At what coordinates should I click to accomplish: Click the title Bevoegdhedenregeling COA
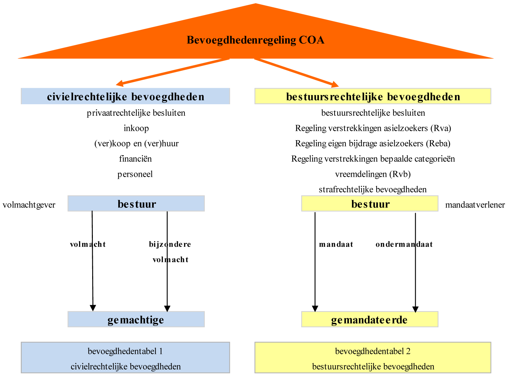pos(255,40)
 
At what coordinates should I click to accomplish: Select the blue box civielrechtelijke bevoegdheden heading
pos(125,97)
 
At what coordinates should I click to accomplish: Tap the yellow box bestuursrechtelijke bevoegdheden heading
pos(373,97)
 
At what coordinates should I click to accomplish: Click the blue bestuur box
pos(136,204)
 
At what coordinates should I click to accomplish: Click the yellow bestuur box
pos(370,204)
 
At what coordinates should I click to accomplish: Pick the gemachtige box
pos(136,320)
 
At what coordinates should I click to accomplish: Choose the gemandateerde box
pos(369,320)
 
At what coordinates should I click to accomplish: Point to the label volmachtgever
pos(29,205)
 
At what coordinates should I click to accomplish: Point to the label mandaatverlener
pos(475,205)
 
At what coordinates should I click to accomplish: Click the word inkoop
pos(136,128)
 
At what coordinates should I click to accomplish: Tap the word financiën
pos(135,159)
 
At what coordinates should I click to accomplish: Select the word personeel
pos(135,174)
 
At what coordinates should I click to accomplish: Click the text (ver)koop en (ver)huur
pos(136,143)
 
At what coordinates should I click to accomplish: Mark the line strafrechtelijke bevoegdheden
pos(372,189)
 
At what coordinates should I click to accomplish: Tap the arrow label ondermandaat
pos(404,244)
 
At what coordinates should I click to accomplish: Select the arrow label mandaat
pos(336,244)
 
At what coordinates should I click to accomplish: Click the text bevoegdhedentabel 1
pos(125,351)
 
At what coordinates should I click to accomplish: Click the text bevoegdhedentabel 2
pos(373,351)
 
